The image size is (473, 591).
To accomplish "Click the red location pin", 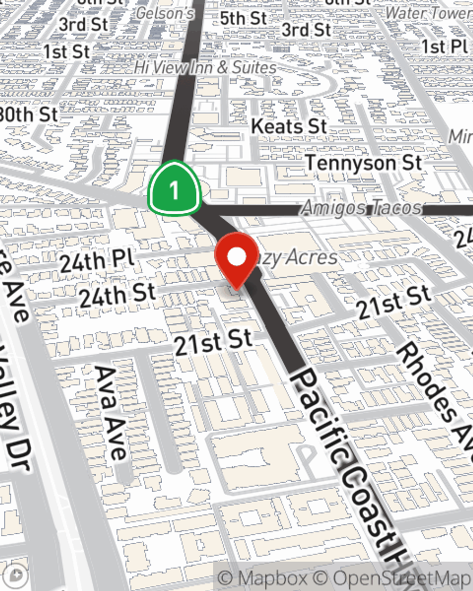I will point(236,259).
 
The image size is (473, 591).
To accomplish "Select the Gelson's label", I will point(165,13).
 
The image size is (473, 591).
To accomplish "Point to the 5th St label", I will point(244,19).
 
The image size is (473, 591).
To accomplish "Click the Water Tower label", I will point(428,13).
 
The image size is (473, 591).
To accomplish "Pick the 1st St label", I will point(67,52).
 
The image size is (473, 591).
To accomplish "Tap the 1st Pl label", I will point(444,47).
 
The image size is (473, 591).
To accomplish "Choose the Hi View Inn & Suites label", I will point(205,68).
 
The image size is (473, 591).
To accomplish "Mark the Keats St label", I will point(289,126).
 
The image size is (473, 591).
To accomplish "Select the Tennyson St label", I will point(363,163).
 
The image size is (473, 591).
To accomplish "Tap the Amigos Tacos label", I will point(361,208).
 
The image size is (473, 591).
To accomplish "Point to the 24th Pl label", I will point(97,261).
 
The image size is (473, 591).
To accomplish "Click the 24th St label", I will point(117,295).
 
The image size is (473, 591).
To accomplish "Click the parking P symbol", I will point(308,456).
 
